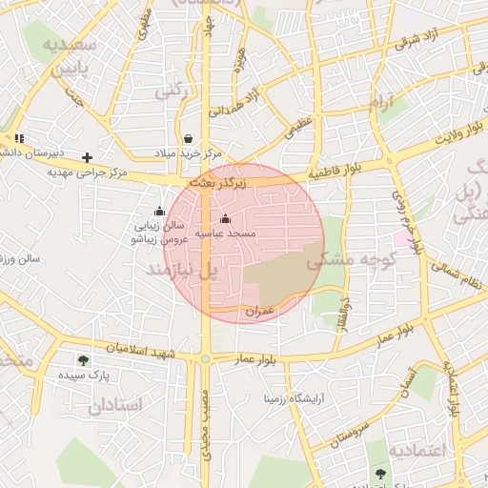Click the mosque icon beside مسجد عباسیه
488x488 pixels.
225,219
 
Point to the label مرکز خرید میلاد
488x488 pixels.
188,153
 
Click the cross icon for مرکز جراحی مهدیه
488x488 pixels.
88,157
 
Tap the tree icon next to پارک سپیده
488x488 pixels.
83,361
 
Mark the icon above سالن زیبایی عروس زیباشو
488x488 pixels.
158,212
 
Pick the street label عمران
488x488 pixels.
259,312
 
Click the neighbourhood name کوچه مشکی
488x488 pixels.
338,258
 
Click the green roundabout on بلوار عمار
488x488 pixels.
206,359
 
